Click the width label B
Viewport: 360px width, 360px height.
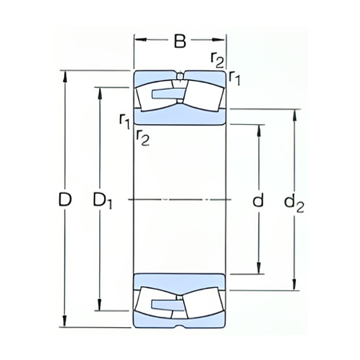click(x=181, y=39)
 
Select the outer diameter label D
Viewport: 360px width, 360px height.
click(x=65, y=202)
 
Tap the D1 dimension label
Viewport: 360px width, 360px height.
click(x=102, y=202)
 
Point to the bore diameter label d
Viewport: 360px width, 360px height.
click(x=258, y=201)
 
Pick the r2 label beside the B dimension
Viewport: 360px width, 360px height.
click(x=216, y=58)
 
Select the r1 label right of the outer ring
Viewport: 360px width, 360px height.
click(x=234, y=77)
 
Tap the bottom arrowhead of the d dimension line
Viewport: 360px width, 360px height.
click(x=258, y=270)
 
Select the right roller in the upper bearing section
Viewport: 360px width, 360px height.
click(x=202, y=98)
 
